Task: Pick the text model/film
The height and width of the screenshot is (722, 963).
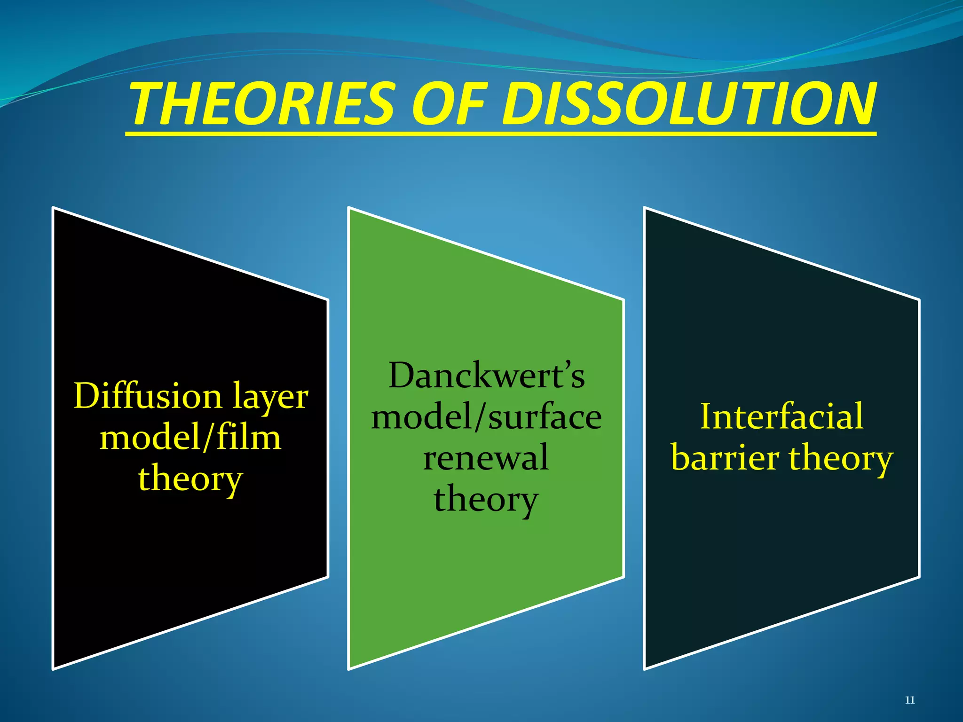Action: (190, 438)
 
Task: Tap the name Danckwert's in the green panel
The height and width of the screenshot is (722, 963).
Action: (487, 376)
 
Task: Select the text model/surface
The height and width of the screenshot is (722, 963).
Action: (486, 417)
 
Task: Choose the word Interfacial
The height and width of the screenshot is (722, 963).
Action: (781, 416)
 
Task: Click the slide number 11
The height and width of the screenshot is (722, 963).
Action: (910, 700)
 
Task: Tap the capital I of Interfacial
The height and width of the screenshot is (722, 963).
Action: (707, 416)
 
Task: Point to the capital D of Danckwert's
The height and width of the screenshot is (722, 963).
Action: (403, 376)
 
